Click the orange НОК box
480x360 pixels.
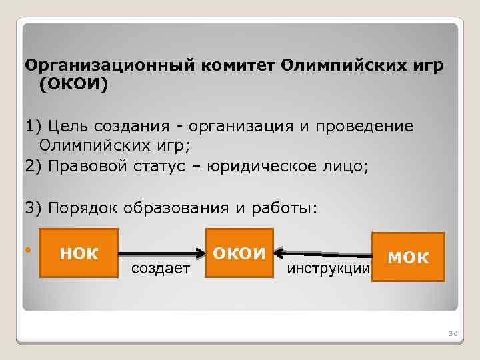coord(79,253)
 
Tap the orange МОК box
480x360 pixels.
coord(408,257)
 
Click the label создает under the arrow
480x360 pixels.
coord(160,268)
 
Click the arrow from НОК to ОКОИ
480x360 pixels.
coord(162,253)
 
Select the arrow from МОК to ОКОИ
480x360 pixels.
coord(325,253)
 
